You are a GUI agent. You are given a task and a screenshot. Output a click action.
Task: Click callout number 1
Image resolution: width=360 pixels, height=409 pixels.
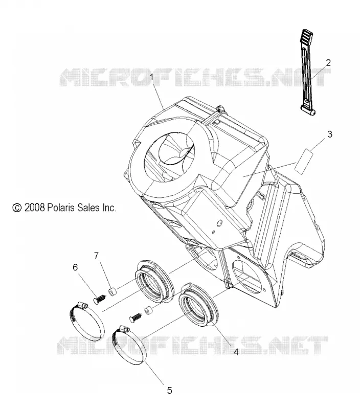[152, 78]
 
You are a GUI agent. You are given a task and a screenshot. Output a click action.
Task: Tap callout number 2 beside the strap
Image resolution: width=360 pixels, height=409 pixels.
[328, 63]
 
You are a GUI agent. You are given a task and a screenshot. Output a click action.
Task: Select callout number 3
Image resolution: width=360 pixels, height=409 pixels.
[330, 134]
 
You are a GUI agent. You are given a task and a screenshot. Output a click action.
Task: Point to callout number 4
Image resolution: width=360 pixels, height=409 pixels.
[236, 352]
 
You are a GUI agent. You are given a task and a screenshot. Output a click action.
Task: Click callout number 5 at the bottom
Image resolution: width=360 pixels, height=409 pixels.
[170, 391]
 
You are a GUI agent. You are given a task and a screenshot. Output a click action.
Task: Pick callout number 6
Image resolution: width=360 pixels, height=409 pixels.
[75, 267]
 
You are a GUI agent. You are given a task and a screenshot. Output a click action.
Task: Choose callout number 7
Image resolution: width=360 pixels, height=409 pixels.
[97, 256]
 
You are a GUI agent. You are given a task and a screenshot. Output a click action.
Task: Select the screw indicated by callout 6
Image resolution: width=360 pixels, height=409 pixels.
[100, 299]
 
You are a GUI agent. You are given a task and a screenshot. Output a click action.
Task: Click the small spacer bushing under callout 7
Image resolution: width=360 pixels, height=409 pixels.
[112, 292]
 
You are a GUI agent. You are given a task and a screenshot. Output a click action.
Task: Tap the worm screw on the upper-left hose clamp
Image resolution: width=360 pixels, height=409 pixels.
[82, 304]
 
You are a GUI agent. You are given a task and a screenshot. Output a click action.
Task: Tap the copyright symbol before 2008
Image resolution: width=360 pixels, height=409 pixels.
[17, 208]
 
